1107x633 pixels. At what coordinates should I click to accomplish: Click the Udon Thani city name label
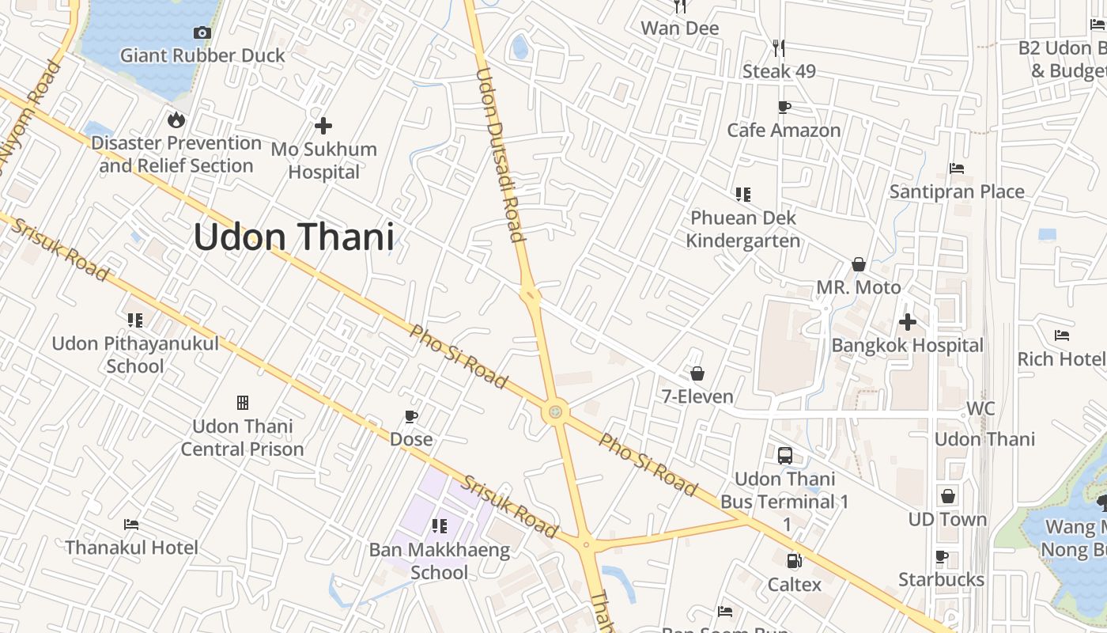point(293,237)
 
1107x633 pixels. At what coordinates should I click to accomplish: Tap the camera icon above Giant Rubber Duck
point(202,32)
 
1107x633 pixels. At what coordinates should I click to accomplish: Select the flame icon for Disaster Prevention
point(176,119)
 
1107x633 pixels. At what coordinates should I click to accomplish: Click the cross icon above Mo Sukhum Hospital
point(323,125)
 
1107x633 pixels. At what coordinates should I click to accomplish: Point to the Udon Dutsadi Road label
point(500,154)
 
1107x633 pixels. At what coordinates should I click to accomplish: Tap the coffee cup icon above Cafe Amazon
point(784,107)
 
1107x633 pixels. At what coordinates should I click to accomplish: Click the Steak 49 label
point(779,71)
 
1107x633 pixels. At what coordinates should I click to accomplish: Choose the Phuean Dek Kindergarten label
point(742,229)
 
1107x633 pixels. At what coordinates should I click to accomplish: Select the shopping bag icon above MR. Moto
point(859,264)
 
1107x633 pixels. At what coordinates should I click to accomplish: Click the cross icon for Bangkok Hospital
point(908,322)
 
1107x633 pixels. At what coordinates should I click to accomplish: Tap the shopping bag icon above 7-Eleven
point(697,373)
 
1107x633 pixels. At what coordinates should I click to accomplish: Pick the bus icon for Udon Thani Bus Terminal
point(785,456)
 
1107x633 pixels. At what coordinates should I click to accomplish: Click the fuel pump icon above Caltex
point(793,561)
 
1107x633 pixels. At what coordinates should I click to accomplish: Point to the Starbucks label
point(941,579)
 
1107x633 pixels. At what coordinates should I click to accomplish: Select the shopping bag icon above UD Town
point(948,496)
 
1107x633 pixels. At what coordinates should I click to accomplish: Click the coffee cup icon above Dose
point(411,416)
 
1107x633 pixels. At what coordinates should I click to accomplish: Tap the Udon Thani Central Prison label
point(243,438)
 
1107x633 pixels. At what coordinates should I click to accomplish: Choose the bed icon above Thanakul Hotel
point(132,525)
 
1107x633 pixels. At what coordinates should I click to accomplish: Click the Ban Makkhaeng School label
point(440,560)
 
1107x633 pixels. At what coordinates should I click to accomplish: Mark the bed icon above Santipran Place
point(957,169)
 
